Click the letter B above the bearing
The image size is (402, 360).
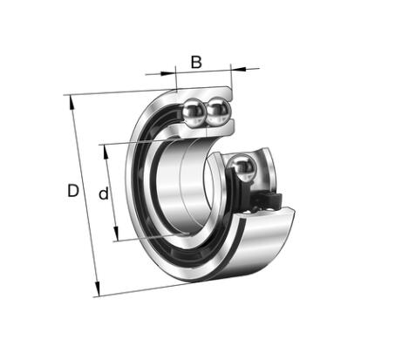(x=196, y=62)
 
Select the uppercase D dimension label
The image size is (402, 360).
(x=73, y=191)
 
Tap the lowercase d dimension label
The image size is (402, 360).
(x=104, y=194)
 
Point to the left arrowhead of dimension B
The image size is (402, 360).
(x=168, y=72)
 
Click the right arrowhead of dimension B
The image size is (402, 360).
(x=238, y=69)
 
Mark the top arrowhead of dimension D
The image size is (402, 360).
(x=72, y=103)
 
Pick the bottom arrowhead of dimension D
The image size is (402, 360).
(x=98, y=289)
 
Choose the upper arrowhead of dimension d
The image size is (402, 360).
(x=106, y=152)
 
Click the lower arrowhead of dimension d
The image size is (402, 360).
(x=116, y=234)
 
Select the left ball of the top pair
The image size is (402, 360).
(x=194, y=112)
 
